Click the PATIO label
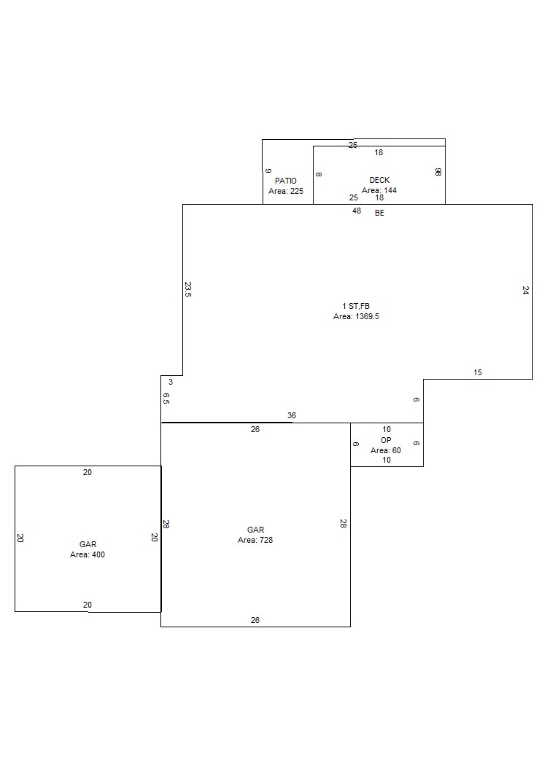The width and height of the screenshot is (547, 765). point(286,181)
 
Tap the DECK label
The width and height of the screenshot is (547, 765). point(379,180)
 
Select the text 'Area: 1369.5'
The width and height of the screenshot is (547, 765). point(356,316)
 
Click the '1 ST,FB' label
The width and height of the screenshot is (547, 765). point(356,306)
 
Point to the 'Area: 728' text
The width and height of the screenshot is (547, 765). point(255,540)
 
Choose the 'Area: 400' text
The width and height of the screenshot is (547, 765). point(88,554)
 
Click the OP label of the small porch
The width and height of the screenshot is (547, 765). point(386,439)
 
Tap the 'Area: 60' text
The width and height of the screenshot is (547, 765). point(386,450)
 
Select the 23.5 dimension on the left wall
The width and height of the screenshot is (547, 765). point(188,289)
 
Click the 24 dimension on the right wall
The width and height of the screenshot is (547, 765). point(525,290)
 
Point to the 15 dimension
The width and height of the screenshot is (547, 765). point(478,372)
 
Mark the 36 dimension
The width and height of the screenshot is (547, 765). point(292,415)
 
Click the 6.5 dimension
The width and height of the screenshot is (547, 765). point(166,398)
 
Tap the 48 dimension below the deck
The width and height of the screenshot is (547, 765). point(357,211)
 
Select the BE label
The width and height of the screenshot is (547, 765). point(379,213)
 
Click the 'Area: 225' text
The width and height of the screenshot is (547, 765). point(286,191)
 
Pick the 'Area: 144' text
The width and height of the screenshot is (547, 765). point(379,190)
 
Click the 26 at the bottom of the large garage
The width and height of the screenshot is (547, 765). point(255,619)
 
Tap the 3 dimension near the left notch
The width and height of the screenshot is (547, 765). point(171,382)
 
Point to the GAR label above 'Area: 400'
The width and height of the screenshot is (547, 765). point(88,544)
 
